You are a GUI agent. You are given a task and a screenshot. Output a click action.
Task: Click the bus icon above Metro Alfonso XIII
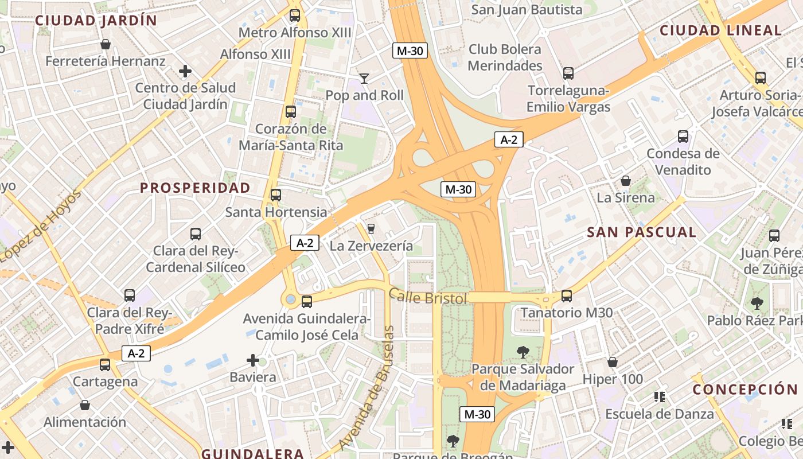point(295,15)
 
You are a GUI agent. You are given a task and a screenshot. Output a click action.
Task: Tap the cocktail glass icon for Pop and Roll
point(364,78)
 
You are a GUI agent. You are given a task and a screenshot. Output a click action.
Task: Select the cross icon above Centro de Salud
point(185,71)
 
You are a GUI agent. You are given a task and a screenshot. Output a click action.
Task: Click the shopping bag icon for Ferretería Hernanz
point(106,44)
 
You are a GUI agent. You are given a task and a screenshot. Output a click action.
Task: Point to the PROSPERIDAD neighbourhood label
point(195,188)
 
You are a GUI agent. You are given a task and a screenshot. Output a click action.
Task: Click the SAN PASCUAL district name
point(641,232)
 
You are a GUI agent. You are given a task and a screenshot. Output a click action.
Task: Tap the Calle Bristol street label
point(428,297)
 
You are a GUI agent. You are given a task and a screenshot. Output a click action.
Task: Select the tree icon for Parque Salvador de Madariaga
point(523,352)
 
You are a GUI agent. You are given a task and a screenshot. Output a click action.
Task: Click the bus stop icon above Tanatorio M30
point(567,296)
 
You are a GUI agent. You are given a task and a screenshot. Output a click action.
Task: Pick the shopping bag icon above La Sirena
point(626,181)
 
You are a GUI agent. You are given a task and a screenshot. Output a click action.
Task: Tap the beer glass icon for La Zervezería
point(371,229)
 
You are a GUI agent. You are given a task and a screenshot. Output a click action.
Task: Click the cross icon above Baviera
point(252,360)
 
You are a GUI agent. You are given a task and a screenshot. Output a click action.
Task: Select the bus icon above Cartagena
point(104,364)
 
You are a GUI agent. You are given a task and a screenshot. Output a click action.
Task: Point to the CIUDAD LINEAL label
point(720,30)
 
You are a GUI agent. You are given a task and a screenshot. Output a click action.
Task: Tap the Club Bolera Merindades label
point(505,57)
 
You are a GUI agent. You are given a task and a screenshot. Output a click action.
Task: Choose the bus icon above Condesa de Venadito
point(683,137)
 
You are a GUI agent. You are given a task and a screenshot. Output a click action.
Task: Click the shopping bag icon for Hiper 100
point(613,362)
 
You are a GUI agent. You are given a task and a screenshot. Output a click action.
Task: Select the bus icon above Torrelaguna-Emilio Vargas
point(568,73)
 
